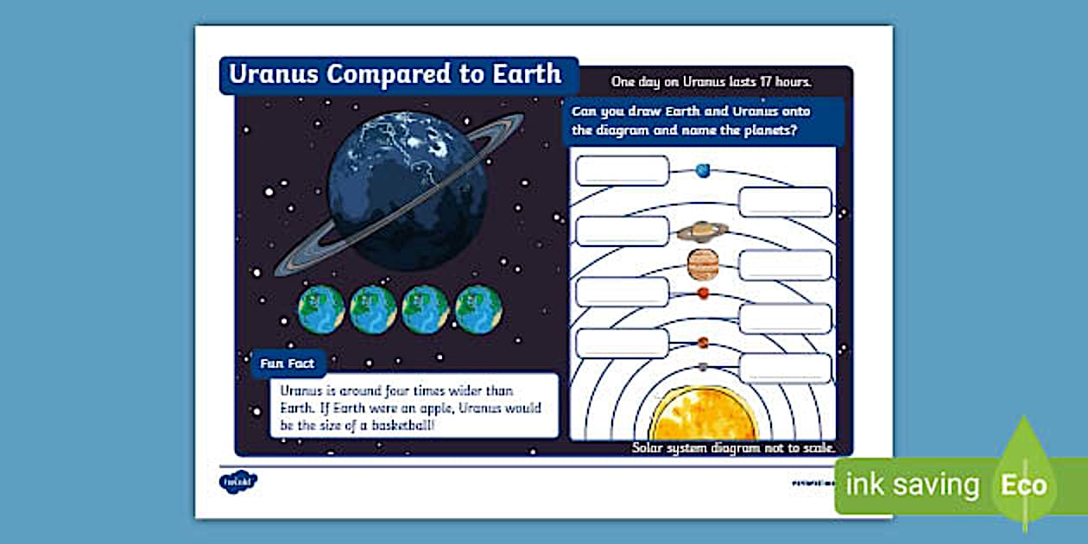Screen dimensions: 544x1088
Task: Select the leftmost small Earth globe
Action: point(321,309)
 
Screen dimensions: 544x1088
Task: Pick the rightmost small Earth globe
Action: point(479,309)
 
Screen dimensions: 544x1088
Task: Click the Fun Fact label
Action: point(288,364)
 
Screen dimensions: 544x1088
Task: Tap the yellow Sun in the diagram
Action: point(704,416)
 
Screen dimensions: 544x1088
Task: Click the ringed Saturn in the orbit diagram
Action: point(702,231)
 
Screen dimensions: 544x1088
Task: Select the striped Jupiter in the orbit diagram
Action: point(703,264)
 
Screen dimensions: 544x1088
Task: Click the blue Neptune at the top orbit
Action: point(703,170)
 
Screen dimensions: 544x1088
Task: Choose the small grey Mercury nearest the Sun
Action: point(703,367)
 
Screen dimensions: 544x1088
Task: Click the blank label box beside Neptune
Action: point(622,171)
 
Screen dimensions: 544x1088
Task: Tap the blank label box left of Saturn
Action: point(622,231)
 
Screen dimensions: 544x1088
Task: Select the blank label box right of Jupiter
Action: point(785,265)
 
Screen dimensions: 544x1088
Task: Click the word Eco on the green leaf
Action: point(1024,485)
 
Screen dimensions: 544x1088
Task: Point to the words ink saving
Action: point(913,485)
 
